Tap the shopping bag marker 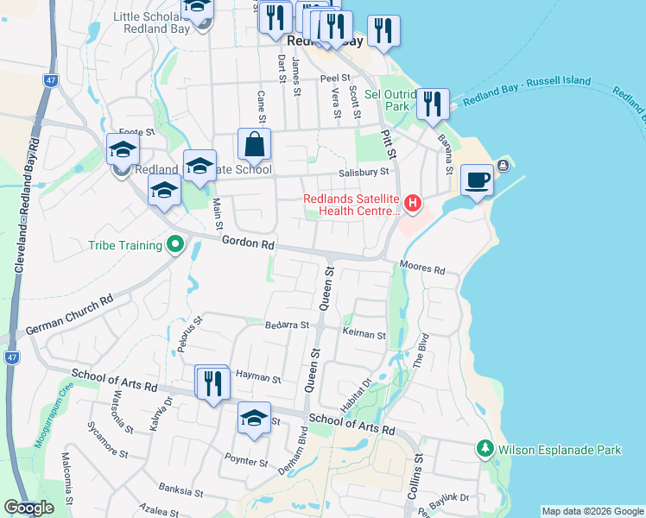(255, 144)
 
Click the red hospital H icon (413, 205)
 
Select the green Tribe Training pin (175, 245)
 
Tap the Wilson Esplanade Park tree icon (484, 450)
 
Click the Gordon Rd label (247, 243)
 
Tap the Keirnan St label (364, 334)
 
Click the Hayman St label (258, 379)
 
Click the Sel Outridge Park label (386, 100)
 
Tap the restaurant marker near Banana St (433, 104)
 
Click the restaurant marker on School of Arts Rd (213, 382)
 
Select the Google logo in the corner (28, 508)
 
